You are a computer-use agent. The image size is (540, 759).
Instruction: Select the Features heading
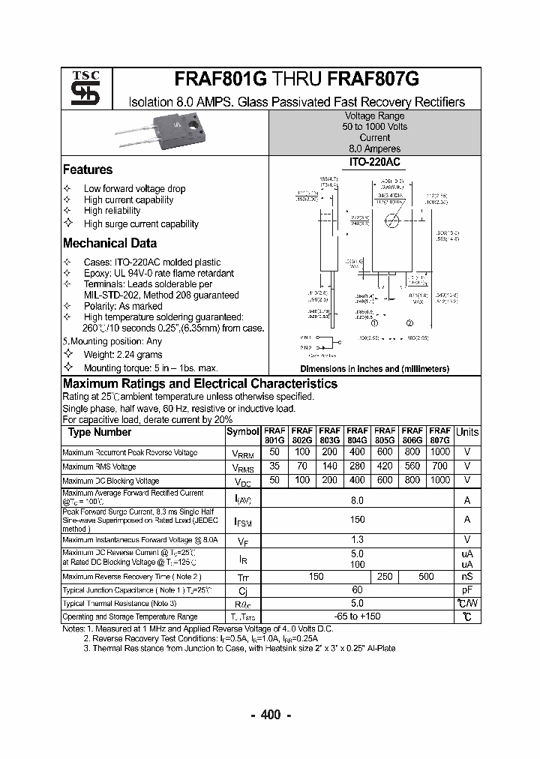click(x=88, y=169)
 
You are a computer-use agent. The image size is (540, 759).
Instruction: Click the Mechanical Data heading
click(x=109, y=243)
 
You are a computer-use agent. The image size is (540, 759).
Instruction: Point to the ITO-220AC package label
click(x=374, y=162)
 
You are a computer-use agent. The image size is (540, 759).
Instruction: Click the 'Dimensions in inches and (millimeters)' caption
click(x=374, y=369)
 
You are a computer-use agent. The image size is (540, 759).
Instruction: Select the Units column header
click(x=466, y=432)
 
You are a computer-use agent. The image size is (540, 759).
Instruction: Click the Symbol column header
click(x=242, y=432)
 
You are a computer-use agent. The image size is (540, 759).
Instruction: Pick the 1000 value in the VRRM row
click(x=440, y=452)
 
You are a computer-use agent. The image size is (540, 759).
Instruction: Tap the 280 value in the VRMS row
click(x=357, y=466)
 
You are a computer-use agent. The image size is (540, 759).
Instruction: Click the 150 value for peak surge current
click(x=357, y=519)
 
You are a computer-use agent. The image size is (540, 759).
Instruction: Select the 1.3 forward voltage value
click(x=357, y=539)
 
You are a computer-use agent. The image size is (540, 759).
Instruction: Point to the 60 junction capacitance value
click(x=357, y=589)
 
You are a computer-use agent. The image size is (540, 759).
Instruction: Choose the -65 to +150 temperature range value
click(x=357, y=616)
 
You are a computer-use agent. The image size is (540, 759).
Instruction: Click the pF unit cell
click(x=466, y=589)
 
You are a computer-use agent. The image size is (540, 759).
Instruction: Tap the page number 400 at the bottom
click(x=270, y=715)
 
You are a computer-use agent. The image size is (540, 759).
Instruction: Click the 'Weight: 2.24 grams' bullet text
click(x=122, y=355)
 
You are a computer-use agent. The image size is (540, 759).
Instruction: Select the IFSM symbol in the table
click(x=242, y=520)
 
